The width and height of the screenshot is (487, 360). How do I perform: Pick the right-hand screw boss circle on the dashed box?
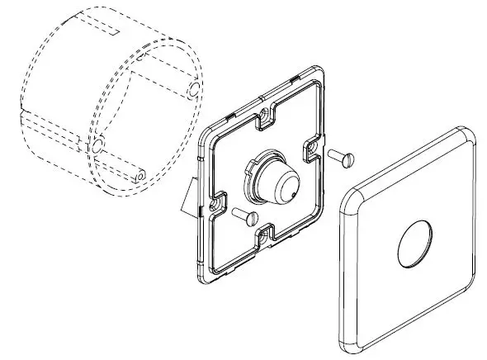pyautogui.click(x=195, y=87)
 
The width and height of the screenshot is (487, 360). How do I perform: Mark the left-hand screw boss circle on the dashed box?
pyautogui.click(x=97, y=146)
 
